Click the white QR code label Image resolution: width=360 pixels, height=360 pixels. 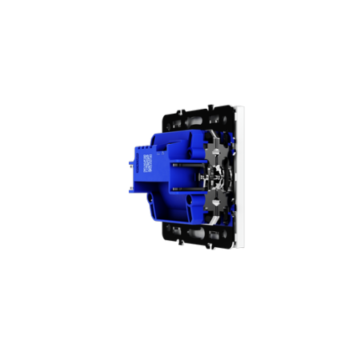coord(148,166)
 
